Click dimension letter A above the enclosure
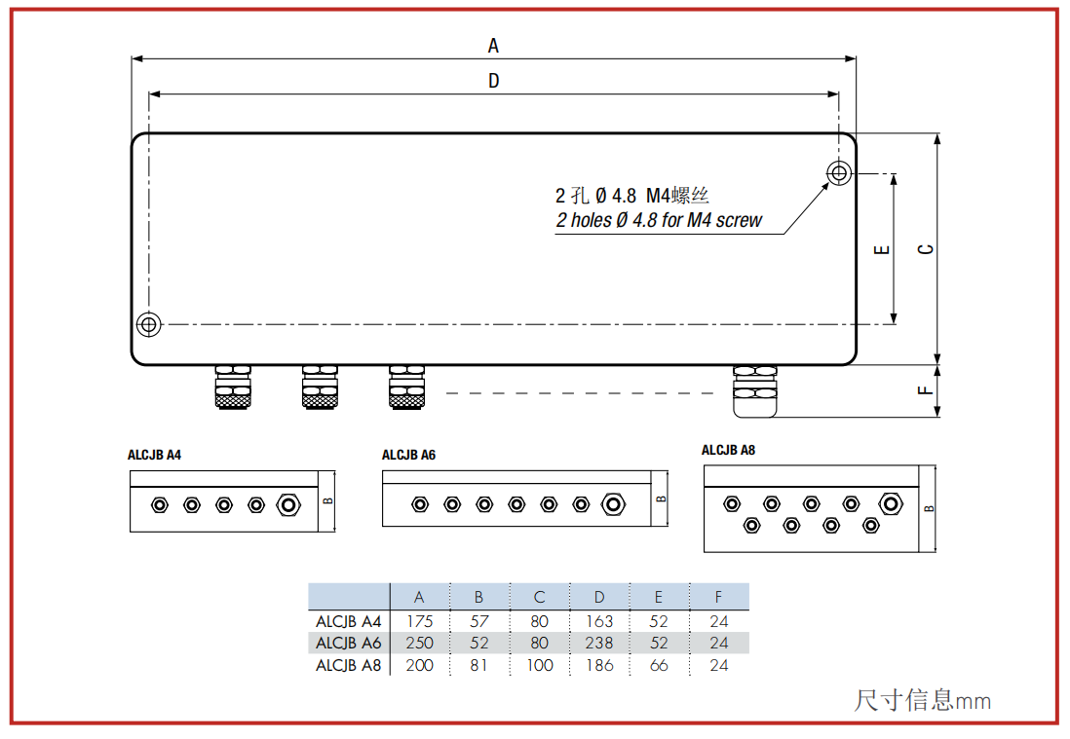pyautogui.click(x=493, y=46)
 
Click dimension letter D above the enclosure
pyautogui.click(x=494, y=81)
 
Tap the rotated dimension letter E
pyautogui.click(x=882, y=249)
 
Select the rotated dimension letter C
pyautogui.click(x=926, y=249)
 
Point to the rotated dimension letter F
pyautogui.click(x=925, y=390)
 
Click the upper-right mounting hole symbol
pyautogui.click(x=839, y=173)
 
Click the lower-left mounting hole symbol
pyautogui.click(x=149, y=324)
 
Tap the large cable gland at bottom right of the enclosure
pyautogui.click(x=754, y=391)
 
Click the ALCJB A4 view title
pyautogui.click(x=154, y=455)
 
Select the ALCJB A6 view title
pyautogui.click(x=408, y=455)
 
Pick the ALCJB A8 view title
pyautogui.click(x=728, y=450)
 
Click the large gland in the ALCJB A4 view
pyautogui.click(x=288, y=505)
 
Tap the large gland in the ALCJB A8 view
pyautogui.click(x=890, y=503)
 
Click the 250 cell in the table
pyautogui.click(x=419, y=643)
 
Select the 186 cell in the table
pyautogui.click(x=599, y=665)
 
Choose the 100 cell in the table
pyautogui.click(x=539, y=665)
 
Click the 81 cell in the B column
pyautogui.click(x=478, y=665)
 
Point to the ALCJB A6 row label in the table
pyautogui.click(x=348, y=643)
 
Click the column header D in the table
pyautogui.click(x=599, y=597)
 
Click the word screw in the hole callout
pyautogui.click(x=739, y=220)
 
